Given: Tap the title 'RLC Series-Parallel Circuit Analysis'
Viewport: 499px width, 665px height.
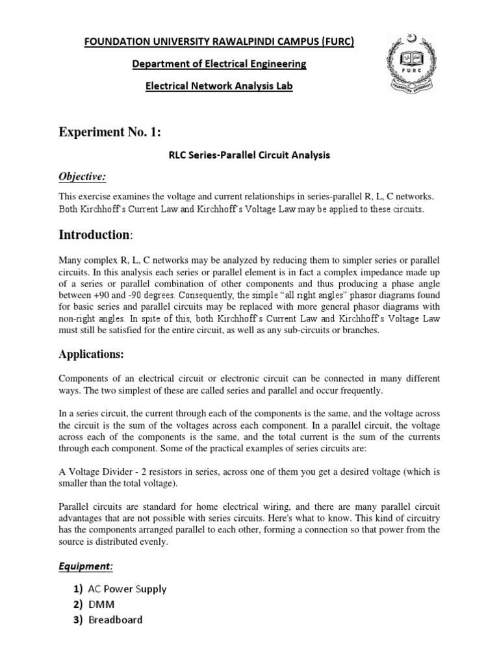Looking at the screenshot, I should (x=249, y=155).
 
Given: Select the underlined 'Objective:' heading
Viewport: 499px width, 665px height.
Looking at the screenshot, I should (x=83, y=178).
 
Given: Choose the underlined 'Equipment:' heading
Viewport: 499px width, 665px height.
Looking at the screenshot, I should (x=86, y=566).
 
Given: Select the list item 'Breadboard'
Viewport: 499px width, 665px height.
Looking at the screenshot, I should (x=116, y=620).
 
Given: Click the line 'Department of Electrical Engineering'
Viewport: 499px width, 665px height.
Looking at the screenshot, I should (x=220, y=64).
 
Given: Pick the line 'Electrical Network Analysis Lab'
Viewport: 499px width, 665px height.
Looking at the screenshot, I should (x=220, y=86).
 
